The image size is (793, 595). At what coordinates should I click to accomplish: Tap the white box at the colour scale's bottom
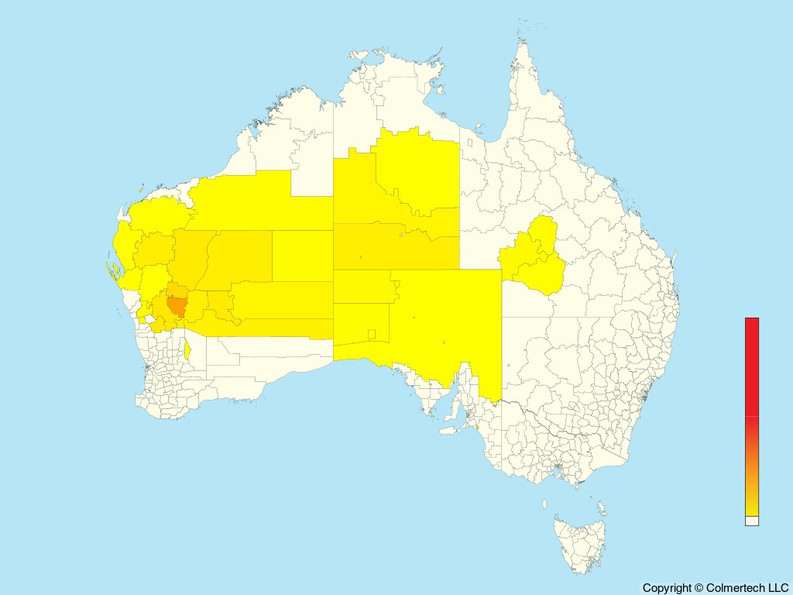[752, 521]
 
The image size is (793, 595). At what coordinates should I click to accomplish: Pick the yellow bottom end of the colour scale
[752, 507]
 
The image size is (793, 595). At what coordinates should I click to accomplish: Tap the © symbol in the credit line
[699, 588]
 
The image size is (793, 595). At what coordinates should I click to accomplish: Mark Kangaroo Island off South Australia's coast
[450, 429]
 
